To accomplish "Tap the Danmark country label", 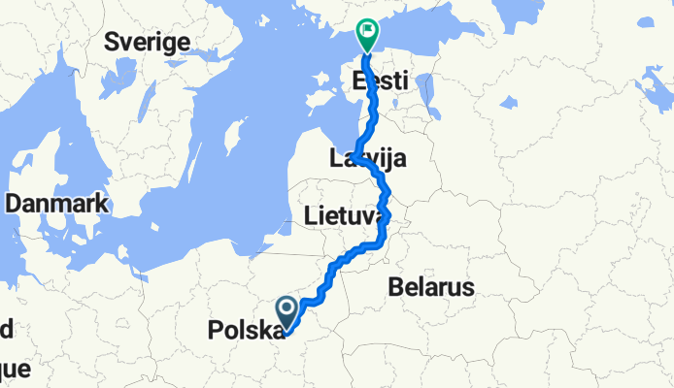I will click(x=57, y=205).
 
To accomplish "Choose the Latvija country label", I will click(x=368, y=159).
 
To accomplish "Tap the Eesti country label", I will click(x=380, y=81).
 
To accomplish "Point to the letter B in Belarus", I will click(x=394, y=287).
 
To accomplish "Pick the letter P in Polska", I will click(x=215, y=331).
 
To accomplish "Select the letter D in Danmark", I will click(x=13, y=205).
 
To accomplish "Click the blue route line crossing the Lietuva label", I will click(x=388, y=217).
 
